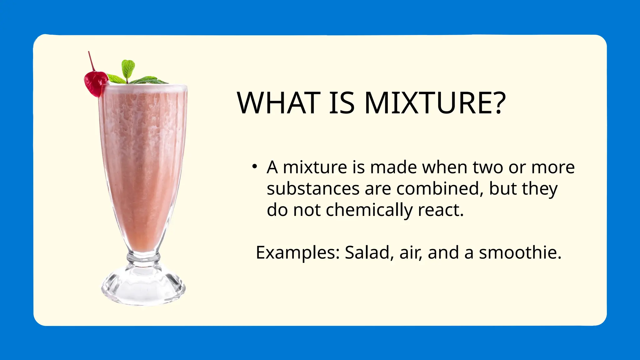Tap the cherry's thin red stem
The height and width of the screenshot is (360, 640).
(x=91, y=61)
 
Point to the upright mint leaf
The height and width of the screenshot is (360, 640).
(x=128, y=68)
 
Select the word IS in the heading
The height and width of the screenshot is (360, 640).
(x=342, y=103)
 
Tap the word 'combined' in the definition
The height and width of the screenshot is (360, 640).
(x=437, y=189)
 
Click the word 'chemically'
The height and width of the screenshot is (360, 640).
(x=369, y=210)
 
